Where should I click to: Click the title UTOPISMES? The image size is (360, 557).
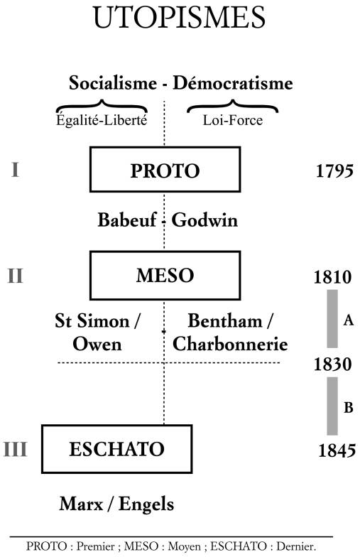click(179, 17)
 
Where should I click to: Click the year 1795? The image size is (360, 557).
click(334, 171)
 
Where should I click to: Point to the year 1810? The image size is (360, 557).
click(332, 277)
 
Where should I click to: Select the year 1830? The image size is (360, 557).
click(332, 364)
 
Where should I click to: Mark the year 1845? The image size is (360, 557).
click(337, 450)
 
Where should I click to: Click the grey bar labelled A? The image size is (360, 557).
click(332, 318)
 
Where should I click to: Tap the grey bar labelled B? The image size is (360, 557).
click(332, 406)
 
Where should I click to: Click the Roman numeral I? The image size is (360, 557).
click(15, 169)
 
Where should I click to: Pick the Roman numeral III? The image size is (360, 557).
click(16, 449)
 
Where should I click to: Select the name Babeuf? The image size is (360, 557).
click(126, 220)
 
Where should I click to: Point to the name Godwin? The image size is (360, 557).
click(204, 220)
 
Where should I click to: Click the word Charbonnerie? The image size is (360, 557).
click(230, 344)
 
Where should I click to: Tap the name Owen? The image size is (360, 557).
click(97, 344)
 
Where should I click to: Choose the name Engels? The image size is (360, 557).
click(146, 504)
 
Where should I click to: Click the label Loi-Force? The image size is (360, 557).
click(233, 120)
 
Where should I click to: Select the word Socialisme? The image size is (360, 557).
click(112, 82)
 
